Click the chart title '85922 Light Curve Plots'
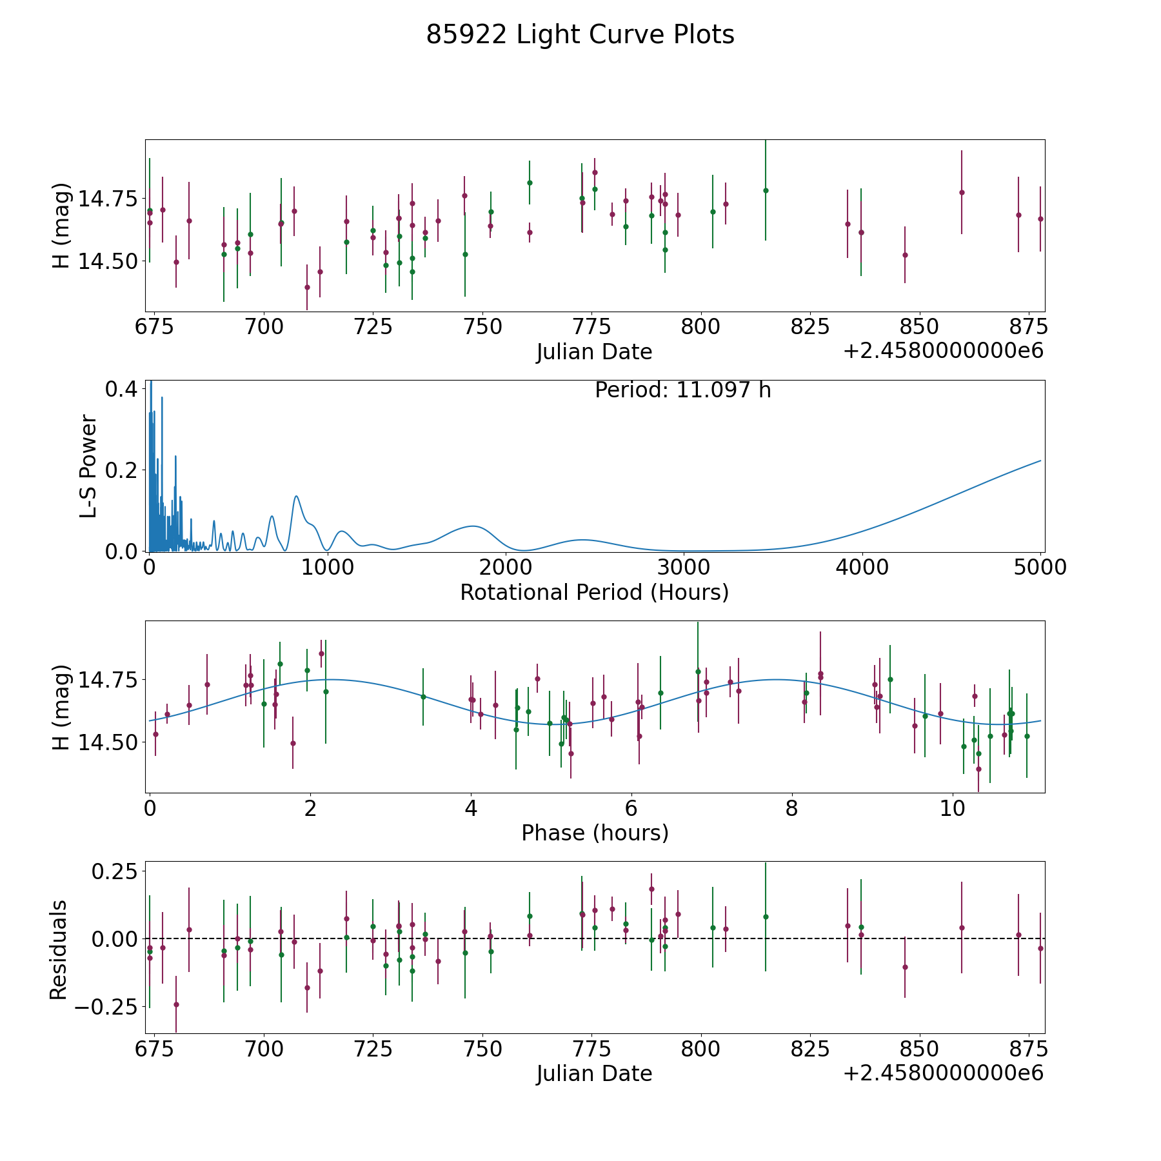point(580,35)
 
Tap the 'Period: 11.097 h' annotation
point(683,390)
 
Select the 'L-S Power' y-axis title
point(88,466)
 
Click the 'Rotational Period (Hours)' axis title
point(595,592)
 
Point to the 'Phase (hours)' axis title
point(595,833)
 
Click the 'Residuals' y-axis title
point(59,949)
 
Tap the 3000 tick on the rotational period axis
point(684,567)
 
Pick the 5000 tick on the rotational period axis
point(1041,567)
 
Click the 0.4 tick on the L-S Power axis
point(121,389)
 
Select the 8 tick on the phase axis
point(791,808)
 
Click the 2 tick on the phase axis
point(310,808)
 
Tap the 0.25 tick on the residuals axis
point(114,871)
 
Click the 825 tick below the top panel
point(809,327)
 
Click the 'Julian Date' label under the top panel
point(595,352)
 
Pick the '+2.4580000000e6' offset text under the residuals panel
point(944,1073)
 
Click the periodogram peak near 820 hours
point(296,496)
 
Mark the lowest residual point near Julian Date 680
point(176,1004)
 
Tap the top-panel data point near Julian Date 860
point(962,192)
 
